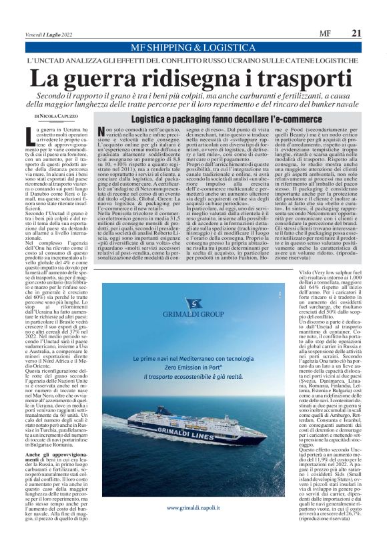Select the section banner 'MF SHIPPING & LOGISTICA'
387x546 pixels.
[x=193, y=48]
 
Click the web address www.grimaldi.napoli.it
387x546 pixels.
[x=193, y=526]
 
